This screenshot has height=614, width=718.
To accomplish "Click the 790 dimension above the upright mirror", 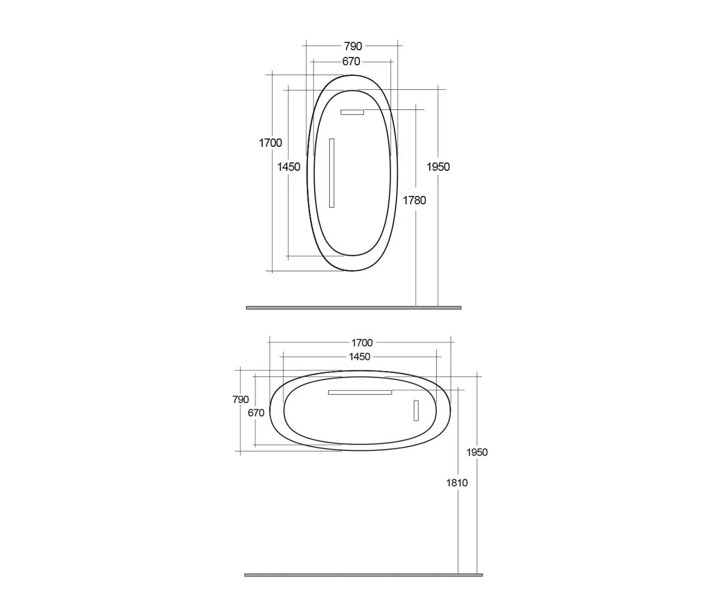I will click(x=353, y=46).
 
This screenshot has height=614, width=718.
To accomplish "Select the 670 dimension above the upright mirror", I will click(x=351, y=61).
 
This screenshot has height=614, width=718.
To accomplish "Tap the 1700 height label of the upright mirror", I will click(x=270, y=143).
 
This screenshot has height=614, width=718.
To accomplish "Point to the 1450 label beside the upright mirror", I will click(x=288, y=166).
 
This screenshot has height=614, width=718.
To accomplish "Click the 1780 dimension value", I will click(x=415, y=200).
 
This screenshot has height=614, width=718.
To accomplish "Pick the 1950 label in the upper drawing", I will click(x=438, y=166).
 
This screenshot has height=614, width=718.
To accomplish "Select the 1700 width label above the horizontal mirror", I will click(x=362, y=343).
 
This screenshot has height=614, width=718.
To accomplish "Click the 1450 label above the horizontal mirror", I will click(x=359, y=357).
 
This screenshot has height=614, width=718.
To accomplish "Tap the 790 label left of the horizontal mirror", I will click(x=240, y=400).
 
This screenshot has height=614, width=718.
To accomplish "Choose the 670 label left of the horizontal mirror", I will click(x=256, y=413).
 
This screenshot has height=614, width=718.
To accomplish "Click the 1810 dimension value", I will click(x=457, y=483).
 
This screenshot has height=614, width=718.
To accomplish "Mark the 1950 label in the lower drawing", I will click(x=477, y=452).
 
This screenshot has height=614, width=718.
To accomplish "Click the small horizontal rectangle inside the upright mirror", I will click(x=352, y=112).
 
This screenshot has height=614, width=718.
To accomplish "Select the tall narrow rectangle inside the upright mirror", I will click(x=331, y=173).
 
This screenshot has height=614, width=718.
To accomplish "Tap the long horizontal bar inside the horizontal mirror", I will click(x=360, y=392).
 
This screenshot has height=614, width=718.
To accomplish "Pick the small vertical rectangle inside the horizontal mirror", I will click(x=416, y=410).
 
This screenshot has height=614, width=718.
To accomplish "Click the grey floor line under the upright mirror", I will click(x=353, y=308).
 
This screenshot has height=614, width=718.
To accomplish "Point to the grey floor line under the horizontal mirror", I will click(x=363, y=575).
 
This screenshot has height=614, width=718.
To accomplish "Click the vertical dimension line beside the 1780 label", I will click(x=416, y=251).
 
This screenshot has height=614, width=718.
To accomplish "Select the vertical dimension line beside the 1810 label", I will click(x=458, y=530).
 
